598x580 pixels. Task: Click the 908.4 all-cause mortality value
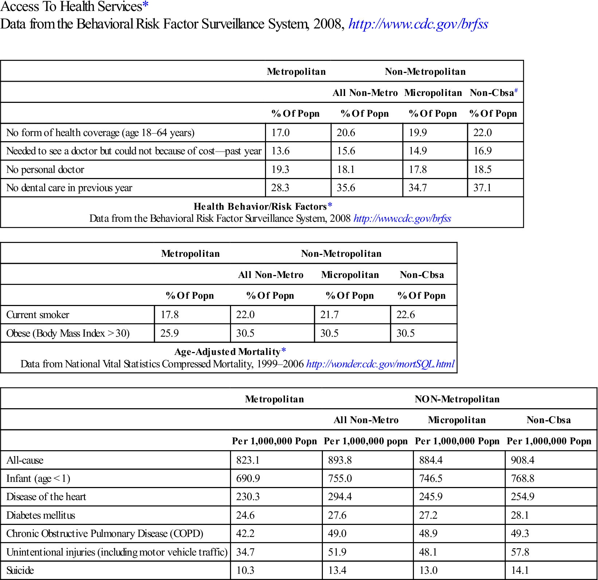tap(523, 460)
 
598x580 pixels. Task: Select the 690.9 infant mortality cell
tap(248, 478)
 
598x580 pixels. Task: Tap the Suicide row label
tap(20, 570)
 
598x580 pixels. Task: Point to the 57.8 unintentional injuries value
tap(520, 552)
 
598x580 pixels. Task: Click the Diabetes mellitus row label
tap(41, 515)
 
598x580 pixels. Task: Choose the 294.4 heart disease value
tap(340, 496)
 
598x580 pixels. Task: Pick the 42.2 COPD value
tap(245, 533)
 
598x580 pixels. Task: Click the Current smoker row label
tap(38, 314)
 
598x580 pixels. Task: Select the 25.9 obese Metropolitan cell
tap(169, 333)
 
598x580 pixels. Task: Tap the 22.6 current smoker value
tap(406, 314)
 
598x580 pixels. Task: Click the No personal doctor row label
tap(45, 169)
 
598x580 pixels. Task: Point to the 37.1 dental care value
tap(482, 187)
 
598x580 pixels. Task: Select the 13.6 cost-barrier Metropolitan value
tap(281, 151)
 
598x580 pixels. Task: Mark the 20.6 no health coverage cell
tap(346, 132)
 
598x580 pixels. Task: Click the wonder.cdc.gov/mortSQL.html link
tap(380, 364)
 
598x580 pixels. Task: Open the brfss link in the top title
tap(418, 24)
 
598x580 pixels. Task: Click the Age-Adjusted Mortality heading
tap(227, 352)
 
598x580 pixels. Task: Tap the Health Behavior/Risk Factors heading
tap(260, 206)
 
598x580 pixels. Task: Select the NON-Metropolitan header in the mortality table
tap(457, 399)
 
